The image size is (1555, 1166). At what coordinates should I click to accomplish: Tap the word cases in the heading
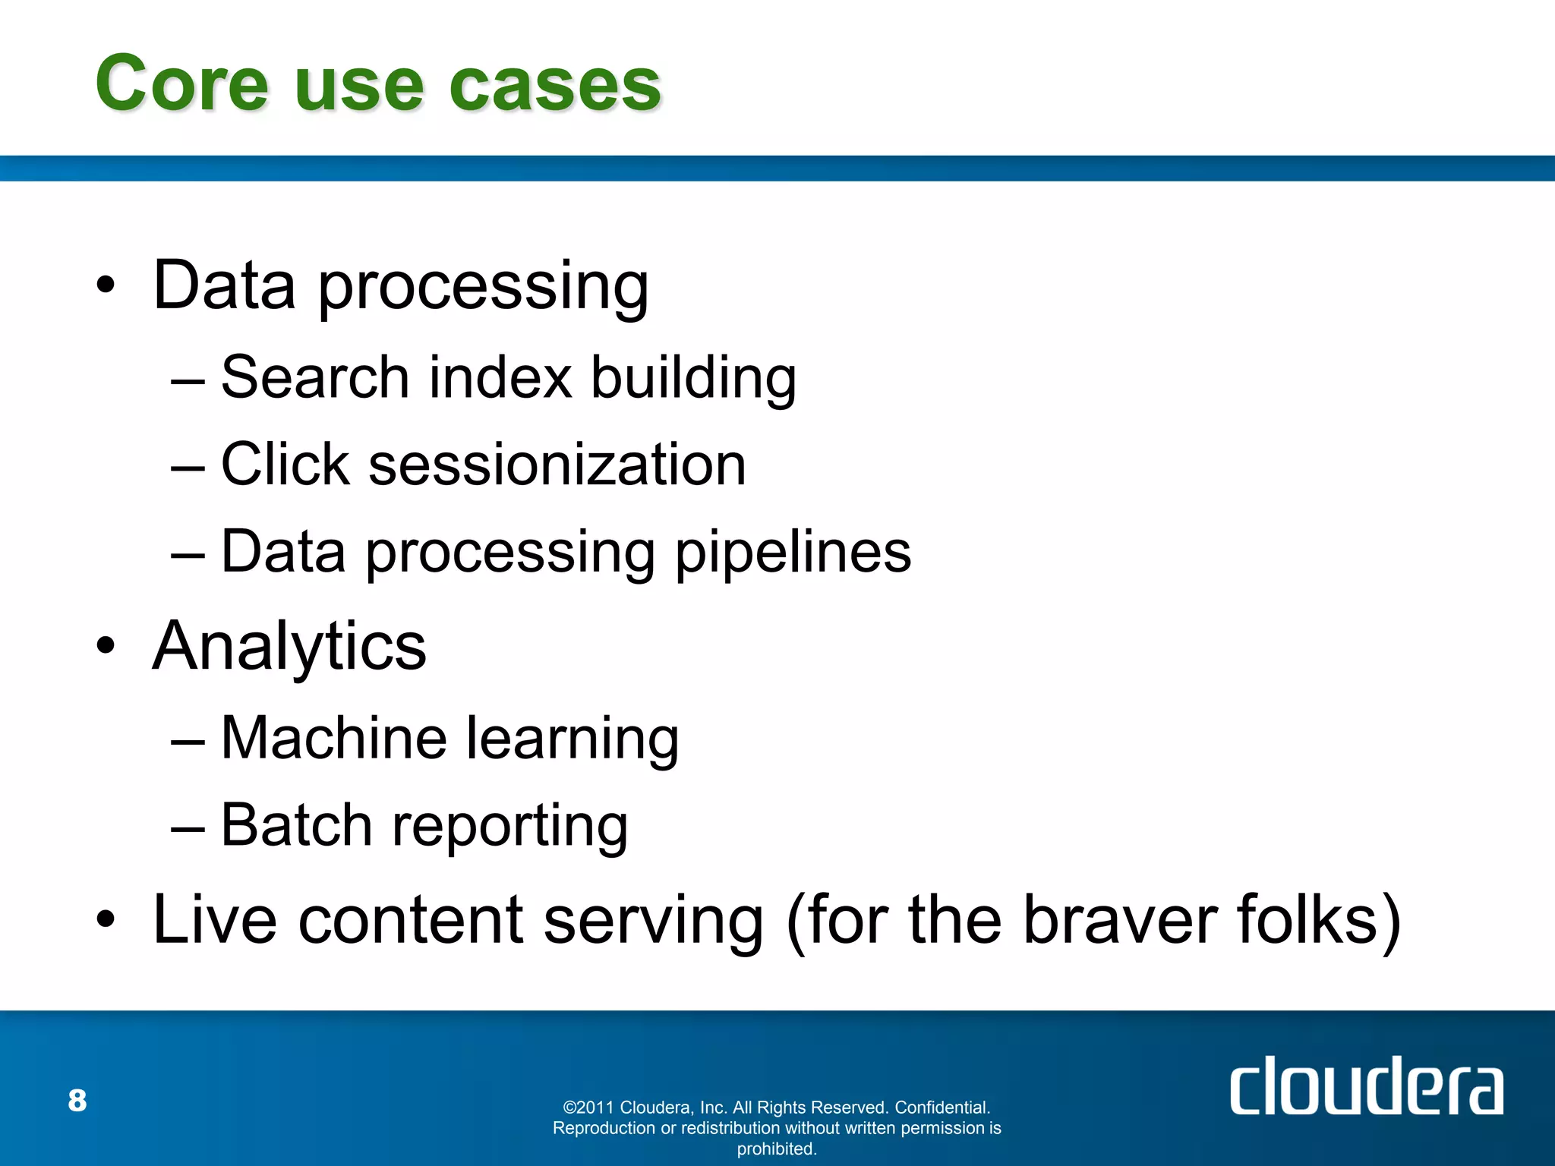pyautogui.click(x=555, y=85)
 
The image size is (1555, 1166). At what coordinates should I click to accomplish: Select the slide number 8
pyautogui.click(x=77, y=1101)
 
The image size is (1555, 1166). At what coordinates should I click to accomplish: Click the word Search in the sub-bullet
pyautogui.click(x=315, y=377)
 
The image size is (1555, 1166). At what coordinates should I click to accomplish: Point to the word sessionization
pyautogui.click(x=557, y=465)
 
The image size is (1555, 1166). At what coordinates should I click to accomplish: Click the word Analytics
pyautogui.click(x=289, y=647)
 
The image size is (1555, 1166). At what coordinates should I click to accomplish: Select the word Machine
pyautogui.click(x=333, y=738)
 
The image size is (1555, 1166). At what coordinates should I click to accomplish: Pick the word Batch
pyautogui.click(x=296, y=825)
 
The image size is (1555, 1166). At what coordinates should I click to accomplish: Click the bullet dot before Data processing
pyautogui.click(x=106, y=285)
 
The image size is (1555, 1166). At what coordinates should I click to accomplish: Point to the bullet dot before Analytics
pyautogui.click(x=106, y=646)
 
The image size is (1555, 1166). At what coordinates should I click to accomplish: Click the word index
pyautogui.click(x=500, y=377)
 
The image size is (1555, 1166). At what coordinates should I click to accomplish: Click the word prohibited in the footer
pyautogui.click(x=776, y=1149)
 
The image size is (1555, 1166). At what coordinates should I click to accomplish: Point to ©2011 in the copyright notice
pyautogui.click(x=588, y=1108)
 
